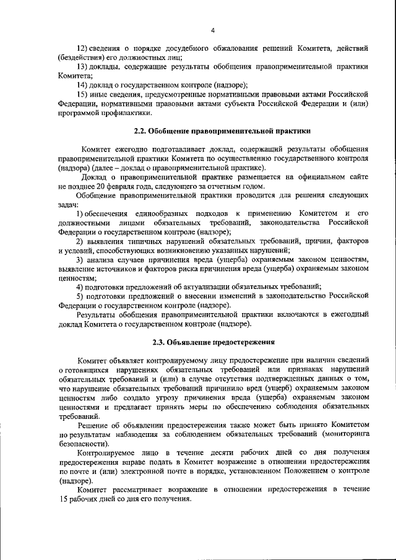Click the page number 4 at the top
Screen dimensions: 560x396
click(x=212, y=30)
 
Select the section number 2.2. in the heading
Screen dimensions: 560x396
click(x=144, y=131)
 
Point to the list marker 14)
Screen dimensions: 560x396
click(x=82, y=84)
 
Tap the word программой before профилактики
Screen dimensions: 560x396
click(x=84, y=112)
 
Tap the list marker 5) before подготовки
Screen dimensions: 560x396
click(x=80, y=296)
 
